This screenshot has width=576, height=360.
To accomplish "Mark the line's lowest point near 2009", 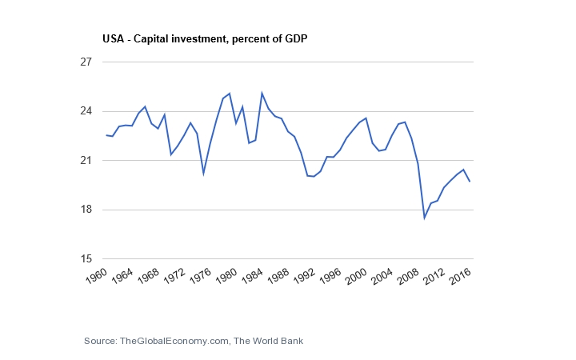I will click(x=424, y=218).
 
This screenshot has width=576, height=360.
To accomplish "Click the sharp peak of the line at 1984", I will click(x=262, y=94).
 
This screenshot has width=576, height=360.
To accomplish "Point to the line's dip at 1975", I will click(x=203, y=173).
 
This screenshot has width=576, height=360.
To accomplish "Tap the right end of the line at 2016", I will click(x=470, y=182).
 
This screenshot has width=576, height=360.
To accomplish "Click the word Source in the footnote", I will click(x=99, y=342).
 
